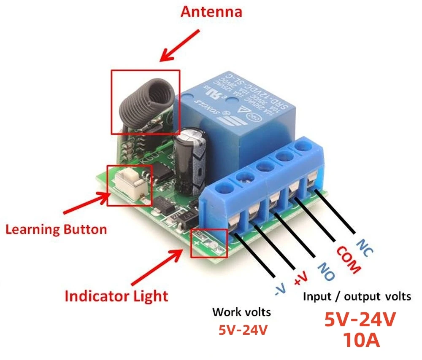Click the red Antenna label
[211, 11]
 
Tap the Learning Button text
[56, 230]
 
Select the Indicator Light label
[116, 296]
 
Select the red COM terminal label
[348, 260]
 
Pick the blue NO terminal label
[325, 272]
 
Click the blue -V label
[280, 288]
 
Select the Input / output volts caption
[357, 296]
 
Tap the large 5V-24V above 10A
[360, 320]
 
